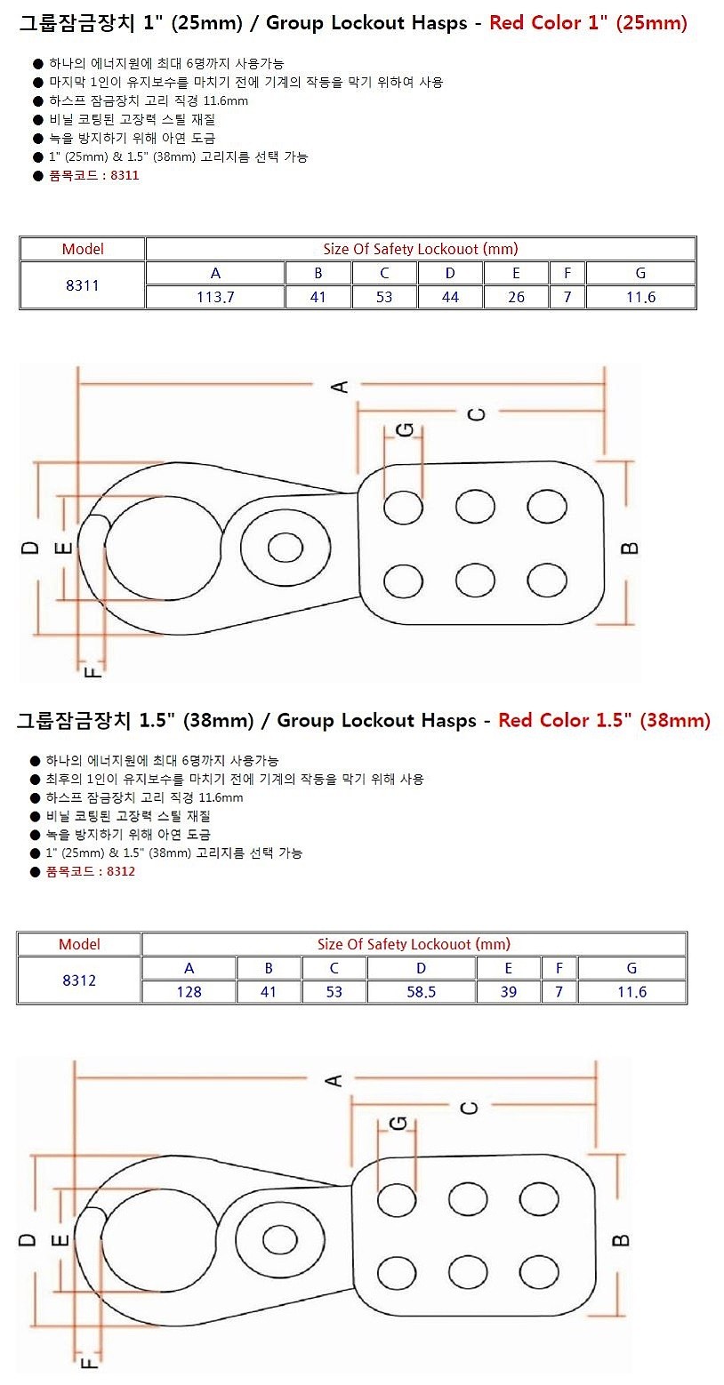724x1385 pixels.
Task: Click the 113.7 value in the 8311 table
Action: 215,298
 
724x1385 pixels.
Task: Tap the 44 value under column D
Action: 450,298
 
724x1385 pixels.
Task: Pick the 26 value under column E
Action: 516,298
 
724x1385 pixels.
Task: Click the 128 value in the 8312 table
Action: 189,992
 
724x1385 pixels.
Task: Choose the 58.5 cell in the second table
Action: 422,992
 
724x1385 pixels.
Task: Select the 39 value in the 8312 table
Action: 508,992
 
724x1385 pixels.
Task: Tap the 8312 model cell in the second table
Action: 79,981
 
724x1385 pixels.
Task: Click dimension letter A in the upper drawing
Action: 339,386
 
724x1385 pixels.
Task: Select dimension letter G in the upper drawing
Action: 404,430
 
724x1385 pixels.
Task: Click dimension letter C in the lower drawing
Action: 471,1107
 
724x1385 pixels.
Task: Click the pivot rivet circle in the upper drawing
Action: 286,548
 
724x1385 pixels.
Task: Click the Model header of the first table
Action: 83,249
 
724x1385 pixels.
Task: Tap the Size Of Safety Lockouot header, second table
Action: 414,944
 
